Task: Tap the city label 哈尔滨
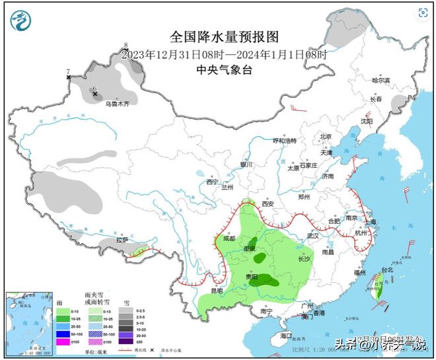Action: click(x=381, y=80)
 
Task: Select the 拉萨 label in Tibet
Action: click(x=123, y=240)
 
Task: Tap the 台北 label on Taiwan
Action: click(x=386, y=270)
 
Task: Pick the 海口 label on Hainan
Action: click(x=285, y=336)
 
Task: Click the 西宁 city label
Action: click(x=211, y=182)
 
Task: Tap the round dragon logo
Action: click(x=22, y=22)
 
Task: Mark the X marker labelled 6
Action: click(x=95, y=94)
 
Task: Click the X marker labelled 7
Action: click(x=69, y=78)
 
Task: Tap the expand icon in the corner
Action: click(x=422, y=13)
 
